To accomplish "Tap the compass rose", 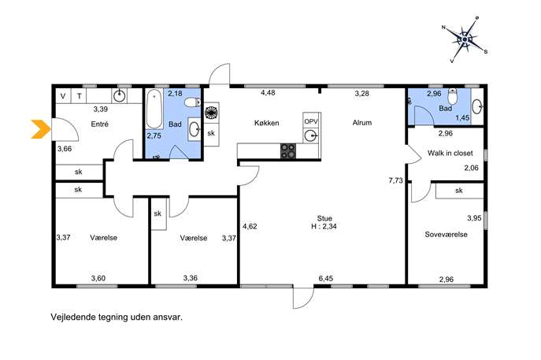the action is click(465, 39).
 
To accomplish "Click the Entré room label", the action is click(100, 124).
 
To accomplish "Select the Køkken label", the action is click(266, 123).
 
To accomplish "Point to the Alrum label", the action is click(362, 123).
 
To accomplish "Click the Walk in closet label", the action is click(450, 153).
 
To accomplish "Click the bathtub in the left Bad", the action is click(154, 109).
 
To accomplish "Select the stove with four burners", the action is click(288, 150).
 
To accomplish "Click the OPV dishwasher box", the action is click(311, 121).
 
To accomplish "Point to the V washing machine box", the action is click(63, 96).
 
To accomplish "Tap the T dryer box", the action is click(79, 96).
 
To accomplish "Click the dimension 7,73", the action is click(395, 180).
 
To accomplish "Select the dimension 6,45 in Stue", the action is click(326, 278).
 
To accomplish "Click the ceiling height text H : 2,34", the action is click(324, 226).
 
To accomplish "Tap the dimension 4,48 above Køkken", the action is click(268, 92).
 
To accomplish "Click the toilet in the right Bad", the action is click(453, 96).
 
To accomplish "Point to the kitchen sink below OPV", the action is click(311, 135).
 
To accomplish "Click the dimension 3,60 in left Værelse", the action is click(98, 278).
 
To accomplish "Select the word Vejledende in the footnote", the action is click(72, 317).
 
